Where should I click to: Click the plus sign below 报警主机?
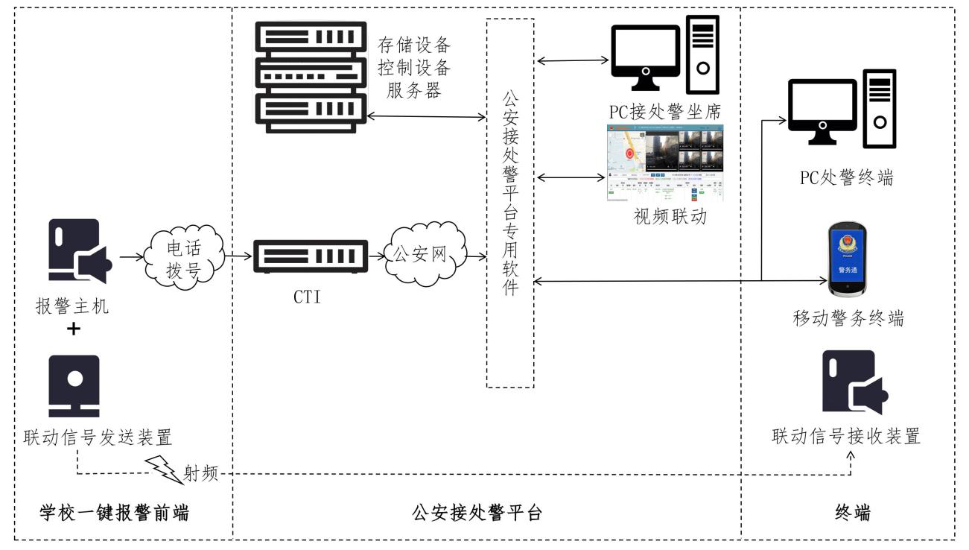click(x=74, y=329)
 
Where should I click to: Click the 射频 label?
click(x=201, y=473)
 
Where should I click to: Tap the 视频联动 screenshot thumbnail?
click(x=666, y=164)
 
